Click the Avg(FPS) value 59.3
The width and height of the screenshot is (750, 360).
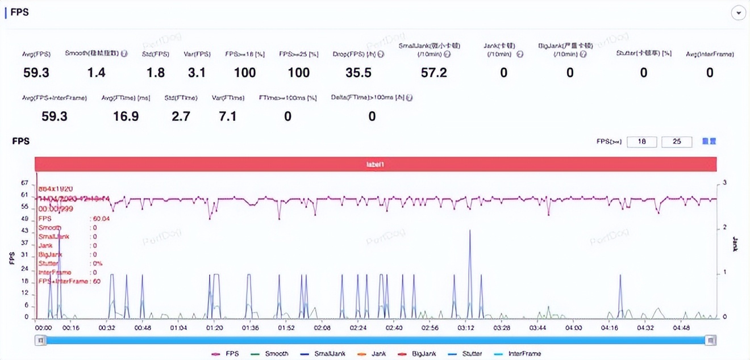pyautogui.click(x=37, y=73)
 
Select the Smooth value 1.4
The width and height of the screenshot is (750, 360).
pyautogui.click(x=96, y=73)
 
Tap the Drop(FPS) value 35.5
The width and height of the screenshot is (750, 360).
pyautogui.click(x=358, y=73)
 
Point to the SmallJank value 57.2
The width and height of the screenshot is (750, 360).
pyautogui.click(x=434, y=73)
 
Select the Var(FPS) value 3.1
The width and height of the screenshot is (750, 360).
pyautogui.click(x=197, y=73)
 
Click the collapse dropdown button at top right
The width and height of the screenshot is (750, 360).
pyautogui.click(x=738, y=13)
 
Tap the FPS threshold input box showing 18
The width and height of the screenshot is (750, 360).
pyautogui.click(x=642, y=141)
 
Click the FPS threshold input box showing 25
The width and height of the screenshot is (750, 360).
pyautogui.click(x=677, y=141)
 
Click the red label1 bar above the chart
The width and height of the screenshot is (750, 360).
pyautogui.click(x=375, y=164)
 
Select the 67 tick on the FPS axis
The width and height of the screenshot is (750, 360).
pyautogui.click(x=24, y=183)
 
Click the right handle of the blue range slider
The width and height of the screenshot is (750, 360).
pyautogui.click(x=710, y=340)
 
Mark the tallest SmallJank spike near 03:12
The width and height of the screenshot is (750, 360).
pyautogui.click(x=470, y=232)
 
